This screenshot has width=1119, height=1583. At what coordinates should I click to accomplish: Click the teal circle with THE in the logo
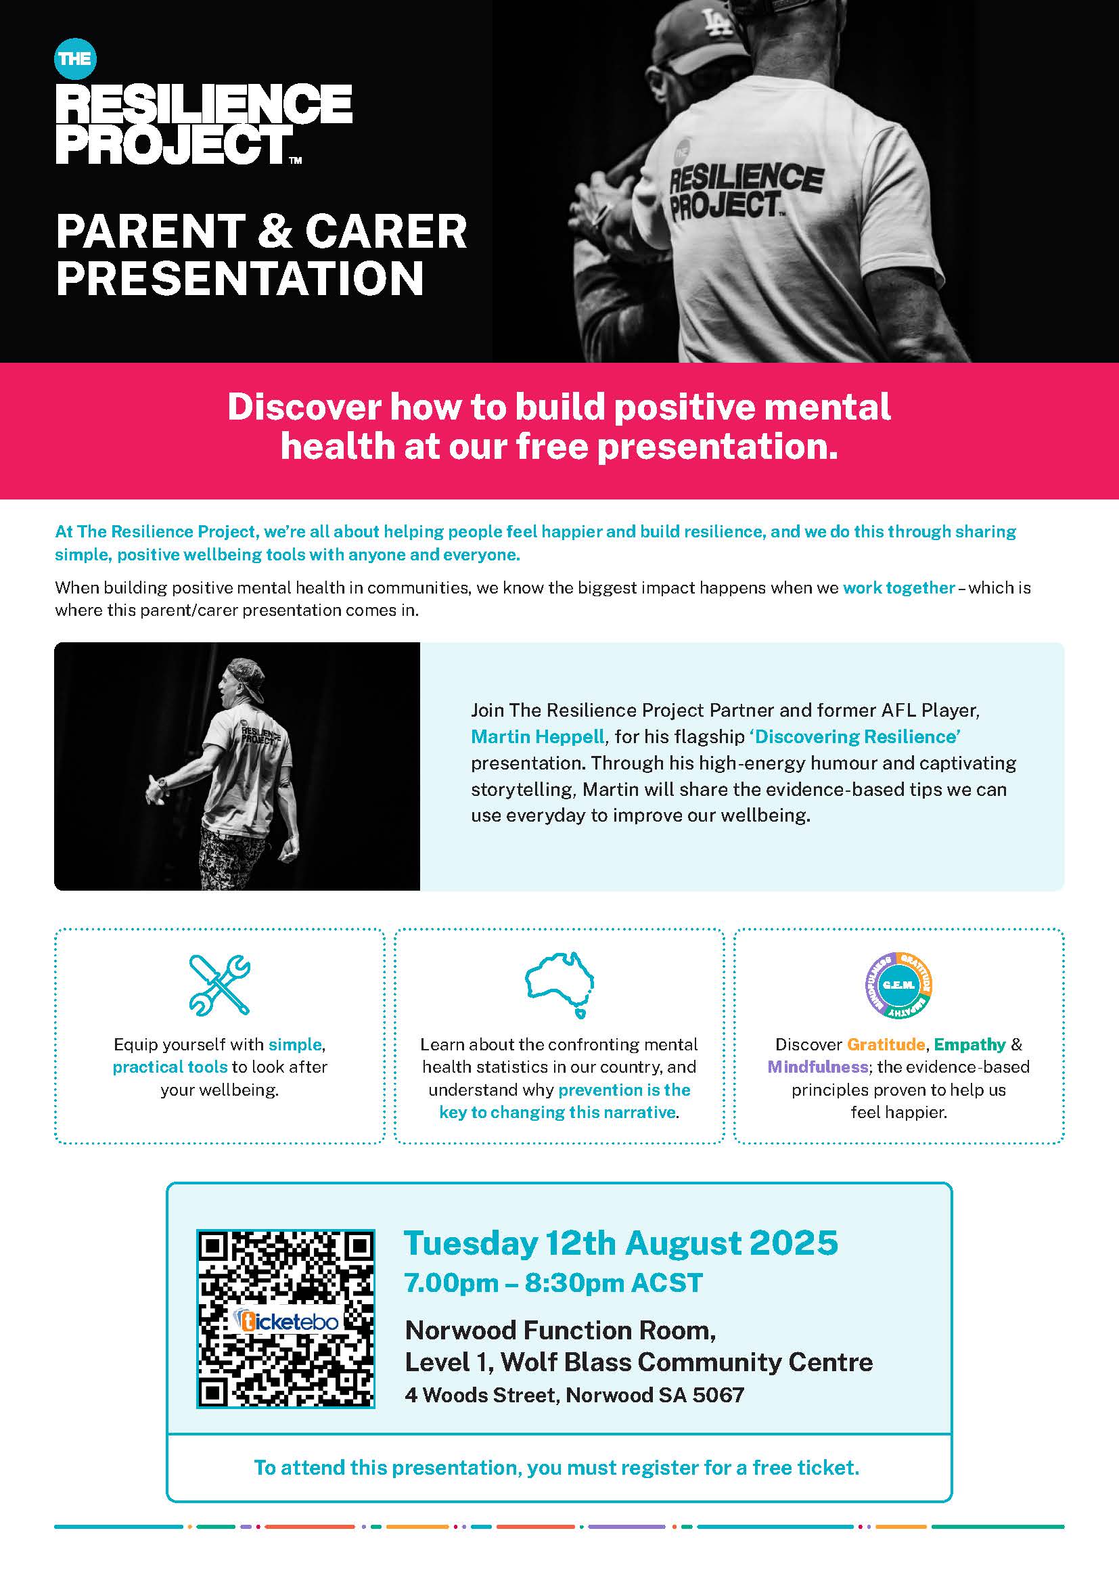pyautogui.click(x=75, y=59)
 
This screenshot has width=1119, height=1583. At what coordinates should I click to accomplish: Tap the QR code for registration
pyautogui.click(x=286, y=1318)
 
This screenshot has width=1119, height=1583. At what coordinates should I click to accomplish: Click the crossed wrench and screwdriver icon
pyautogui.click(x=220, y=985)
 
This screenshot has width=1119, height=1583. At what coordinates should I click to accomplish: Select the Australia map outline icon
pyautogui.click(x=559, y=984)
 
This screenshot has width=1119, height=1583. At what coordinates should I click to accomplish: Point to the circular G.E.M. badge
pyautogui.click(x=898, y=985)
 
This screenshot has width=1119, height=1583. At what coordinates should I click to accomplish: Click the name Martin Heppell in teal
pyautogui.click(x=537, y=736)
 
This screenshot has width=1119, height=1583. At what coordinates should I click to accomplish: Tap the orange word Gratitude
pyautogui.click(x=886, y=1044)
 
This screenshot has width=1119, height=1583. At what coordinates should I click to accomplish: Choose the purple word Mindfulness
pyautogui.click(x=817, y=1067)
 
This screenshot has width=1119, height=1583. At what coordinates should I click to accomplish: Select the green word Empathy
pyautogui.click(x=969, y=1044)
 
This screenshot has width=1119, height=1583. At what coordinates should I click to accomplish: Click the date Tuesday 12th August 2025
pyautogui.click(x=621, y=1243)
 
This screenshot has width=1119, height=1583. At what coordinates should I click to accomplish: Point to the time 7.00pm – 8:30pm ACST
pyautogui.click(x=553, y=1283)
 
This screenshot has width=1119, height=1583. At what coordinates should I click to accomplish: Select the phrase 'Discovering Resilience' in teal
pyautogui.click(x=854, y=736)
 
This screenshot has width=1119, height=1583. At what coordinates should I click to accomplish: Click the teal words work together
pyautogui.click(x=898, y=588)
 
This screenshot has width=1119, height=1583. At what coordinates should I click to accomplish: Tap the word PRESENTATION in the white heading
pyautogui.click(x=239, y=279)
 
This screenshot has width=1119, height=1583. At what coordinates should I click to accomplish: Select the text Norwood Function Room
pyautogui.click(x=560, y=1330)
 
